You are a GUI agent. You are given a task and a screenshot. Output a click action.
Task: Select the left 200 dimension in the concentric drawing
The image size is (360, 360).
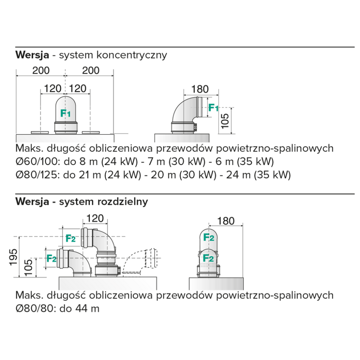(x=41, y=70)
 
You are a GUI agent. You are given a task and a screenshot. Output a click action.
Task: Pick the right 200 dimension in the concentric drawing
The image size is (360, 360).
(x=90, y=70)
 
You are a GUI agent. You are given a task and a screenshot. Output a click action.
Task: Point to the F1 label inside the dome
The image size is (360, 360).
(x=66, y=113)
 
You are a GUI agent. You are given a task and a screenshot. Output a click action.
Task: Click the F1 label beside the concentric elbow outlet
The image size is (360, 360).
(x=213, y=107)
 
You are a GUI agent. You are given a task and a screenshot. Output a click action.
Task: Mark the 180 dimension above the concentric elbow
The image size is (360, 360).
(x=200, y=89)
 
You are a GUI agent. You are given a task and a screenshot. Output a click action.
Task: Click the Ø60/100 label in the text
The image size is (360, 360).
(x=36, y=161)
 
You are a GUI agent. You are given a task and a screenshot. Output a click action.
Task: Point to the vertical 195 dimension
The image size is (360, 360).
(x=13, y=257)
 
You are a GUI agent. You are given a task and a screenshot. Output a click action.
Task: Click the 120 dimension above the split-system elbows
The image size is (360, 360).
(x=95, y=218)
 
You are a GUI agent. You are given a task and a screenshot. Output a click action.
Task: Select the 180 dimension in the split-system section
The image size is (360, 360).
(x=226, y=221)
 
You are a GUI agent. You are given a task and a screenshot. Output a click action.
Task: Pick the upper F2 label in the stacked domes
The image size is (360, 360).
(x=209, y=238)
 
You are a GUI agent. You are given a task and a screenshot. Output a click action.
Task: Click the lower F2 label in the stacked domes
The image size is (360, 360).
(x=209, y=258)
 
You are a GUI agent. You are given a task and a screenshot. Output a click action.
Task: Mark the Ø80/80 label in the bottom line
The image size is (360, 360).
(x=33, y=309)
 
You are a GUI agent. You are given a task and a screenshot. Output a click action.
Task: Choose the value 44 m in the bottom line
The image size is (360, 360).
(x=90, y=309)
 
